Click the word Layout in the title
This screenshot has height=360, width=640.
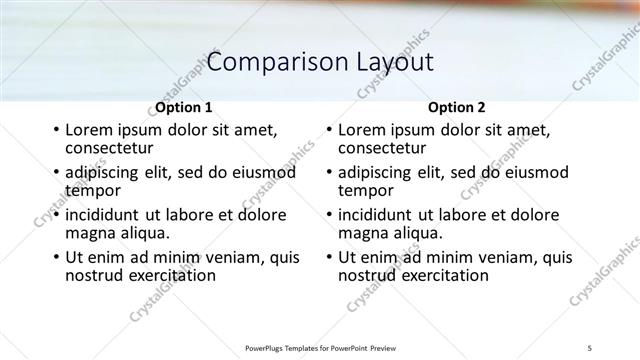tap(395, 63)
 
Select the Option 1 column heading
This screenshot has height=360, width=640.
tap(184, 107)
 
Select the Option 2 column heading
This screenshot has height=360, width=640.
tap(457, 107)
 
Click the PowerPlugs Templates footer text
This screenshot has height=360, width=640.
tap(319, 348)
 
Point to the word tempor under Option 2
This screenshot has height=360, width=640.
tap(366, 190)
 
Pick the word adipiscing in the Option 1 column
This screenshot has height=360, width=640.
tap(108, 172)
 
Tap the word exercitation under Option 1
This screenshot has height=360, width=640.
tap(166, 275)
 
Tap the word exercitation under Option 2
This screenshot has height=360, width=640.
tap(439, 275)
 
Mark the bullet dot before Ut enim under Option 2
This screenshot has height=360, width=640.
tap(328, 257)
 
